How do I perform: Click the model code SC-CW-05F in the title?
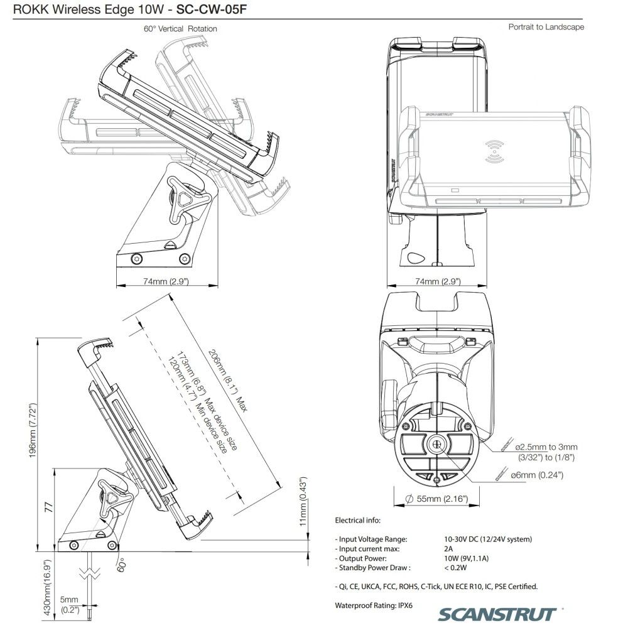pyautogui.click(x=211, y=9)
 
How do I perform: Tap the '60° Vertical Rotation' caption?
pyautogui.click(x=180, y=29)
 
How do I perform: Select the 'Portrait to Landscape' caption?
pyautogui.click(x=546, y=27)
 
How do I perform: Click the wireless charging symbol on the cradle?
pyautogui.click(x=495, y=151)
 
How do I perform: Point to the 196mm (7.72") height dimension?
pyautogui.click(x=33, y=431)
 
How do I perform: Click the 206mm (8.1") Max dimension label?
pyautogui.click(x=228, y=381)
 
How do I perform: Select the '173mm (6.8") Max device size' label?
pyautogui.click(x=207, y=401)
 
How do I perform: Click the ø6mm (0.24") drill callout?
pyautogui.click(x=537, y=475)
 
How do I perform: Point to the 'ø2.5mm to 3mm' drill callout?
pyautogui.click(x=546, y=447)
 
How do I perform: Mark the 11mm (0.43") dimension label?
pyautogui.click(x=303, y=501)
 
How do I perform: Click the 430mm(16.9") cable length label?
pyautogui.click(x=47, y=588)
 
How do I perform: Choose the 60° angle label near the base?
pyautogui.click(x=122, y=564)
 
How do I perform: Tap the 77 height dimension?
pyautogui.click(x=48, y=508)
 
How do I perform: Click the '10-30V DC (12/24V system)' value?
pyautogui.click(x=488, y=539)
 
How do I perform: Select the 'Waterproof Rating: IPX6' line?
pyautogui.click(x=374, y=605)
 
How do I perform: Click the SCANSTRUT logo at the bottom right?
pyautogui.click(x=498, y=614)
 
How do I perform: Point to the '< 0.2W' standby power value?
pyautogui.click(x=455, y=568)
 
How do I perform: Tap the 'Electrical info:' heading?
pyautogui.click(x=358, y=520)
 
